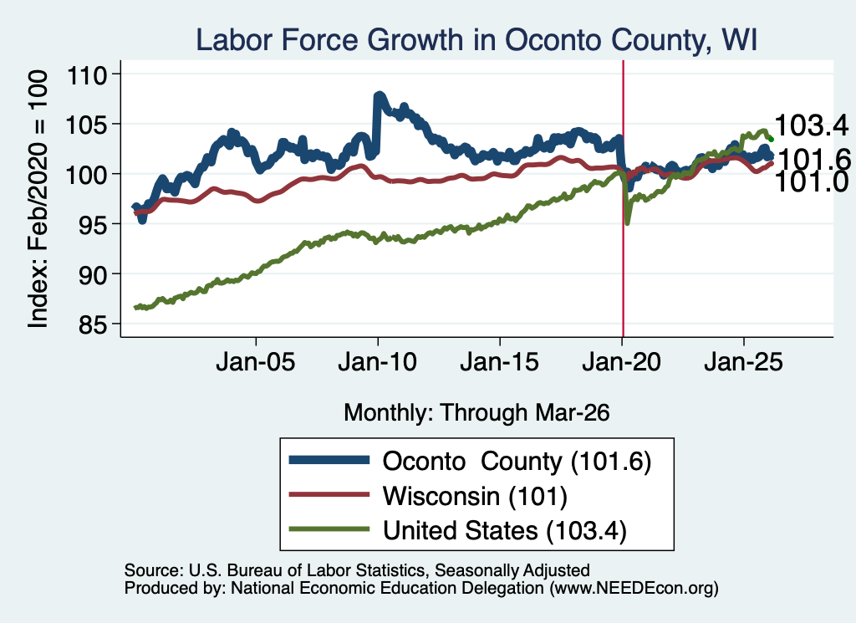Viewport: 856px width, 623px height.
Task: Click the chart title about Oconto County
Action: click(476, 40)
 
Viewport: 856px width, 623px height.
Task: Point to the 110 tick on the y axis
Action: click(86, 74)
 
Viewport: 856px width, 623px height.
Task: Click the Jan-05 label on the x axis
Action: click(256, 362)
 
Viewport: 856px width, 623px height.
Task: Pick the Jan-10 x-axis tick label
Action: click(377, 362)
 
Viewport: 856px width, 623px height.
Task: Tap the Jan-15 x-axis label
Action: click(500, 362)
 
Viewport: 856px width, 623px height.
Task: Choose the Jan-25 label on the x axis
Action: click(743, 362)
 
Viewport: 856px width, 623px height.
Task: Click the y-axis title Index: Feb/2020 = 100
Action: click(38, 199)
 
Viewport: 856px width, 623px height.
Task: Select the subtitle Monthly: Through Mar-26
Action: click(476, 413)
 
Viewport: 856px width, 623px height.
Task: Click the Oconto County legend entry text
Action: click(517, 462)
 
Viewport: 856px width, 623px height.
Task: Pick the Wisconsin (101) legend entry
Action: click(475, 496)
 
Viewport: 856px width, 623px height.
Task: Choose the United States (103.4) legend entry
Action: click(504, 530)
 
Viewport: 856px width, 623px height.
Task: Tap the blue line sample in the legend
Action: click(329, 460)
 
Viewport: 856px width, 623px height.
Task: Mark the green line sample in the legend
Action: click(329, 529)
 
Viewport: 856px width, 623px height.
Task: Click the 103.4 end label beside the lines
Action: click(811, 125)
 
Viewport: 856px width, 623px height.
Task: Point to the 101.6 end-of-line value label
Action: click(813, 160)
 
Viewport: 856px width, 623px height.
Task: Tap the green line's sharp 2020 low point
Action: click(628, 222)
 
